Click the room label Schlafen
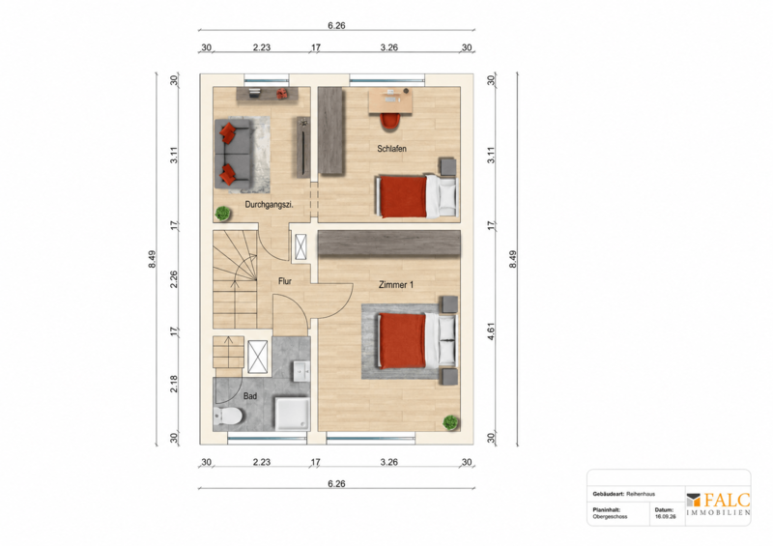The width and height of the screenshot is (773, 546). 392,149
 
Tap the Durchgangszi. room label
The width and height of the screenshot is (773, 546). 270,205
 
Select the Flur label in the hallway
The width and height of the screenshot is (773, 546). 285,281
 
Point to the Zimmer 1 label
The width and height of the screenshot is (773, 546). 396,284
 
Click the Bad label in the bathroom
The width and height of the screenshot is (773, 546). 250,396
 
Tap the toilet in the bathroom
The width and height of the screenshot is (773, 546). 227,417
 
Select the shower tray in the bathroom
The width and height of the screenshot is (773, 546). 293,414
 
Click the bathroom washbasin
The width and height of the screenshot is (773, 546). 301,370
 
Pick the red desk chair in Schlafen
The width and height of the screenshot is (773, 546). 390,122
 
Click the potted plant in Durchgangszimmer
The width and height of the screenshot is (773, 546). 223,214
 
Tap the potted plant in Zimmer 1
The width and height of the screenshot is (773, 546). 450,422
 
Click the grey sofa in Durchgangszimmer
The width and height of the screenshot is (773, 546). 232,154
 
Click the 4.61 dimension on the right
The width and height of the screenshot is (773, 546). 491,330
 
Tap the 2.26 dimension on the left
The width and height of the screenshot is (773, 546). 174,279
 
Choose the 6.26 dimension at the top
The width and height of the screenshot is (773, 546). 336,26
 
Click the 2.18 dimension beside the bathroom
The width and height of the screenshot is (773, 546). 174,385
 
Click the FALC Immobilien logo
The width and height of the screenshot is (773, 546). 718,504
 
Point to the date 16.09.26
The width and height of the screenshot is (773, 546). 665,517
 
